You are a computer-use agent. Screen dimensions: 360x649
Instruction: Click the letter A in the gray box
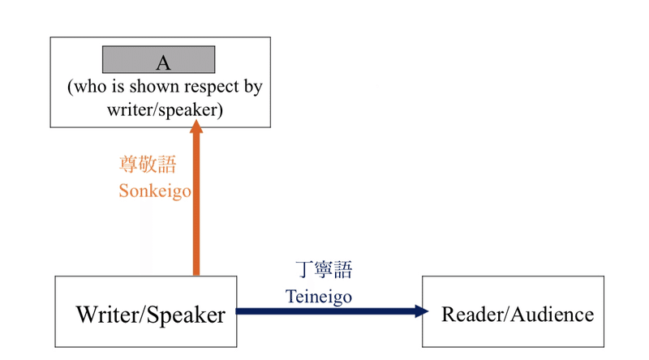tap(163, 63)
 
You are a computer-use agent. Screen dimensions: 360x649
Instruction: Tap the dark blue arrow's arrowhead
tap(420, 311)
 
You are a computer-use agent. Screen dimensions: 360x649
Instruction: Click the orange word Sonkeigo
tap(154, 191)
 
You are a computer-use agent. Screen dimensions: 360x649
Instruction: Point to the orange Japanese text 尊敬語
tap(148, 165)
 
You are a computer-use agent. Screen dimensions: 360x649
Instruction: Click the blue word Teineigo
tap(319, 297)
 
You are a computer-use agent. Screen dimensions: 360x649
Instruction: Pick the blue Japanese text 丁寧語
tap(324, 270)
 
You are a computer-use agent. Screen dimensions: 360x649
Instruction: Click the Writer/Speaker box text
tap(150, 315)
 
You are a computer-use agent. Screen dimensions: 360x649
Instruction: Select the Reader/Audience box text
tap(517, 315)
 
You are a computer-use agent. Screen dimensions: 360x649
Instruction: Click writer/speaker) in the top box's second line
tap(165, 109)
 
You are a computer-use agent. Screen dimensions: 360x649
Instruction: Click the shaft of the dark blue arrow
tap(324, 311)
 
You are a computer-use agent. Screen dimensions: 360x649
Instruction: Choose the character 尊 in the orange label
tap(128, 165)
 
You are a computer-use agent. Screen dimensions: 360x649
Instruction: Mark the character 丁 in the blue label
tap(304, 270)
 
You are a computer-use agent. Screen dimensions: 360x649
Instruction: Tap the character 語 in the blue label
tap(343, 270)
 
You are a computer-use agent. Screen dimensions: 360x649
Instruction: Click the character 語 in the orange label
tap(167, 165)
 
